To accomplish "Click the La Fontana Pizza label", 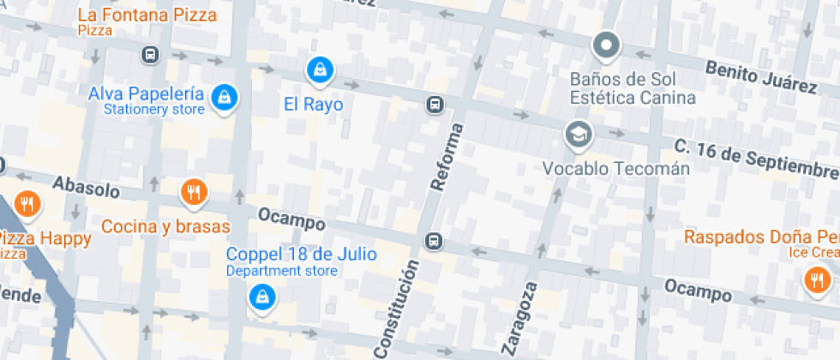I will [x=147, y=15].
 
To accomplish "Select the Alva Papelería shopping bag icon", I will [x=224, y=96].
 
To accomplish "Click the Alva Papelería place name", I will [x=146, y=93].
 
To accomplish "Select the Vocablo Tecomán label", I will [x=615, y=168].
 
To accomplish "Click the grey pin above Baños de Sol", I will [x=606, y=45].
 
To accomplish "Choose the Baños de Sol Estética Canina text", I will [x=633, y=87].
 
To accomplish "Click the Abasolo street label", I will [x=86, y=187].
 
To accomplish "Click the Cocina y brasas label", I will [x=165, y=226].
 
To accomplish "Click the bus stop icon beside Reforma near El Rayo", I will [x=435, y=105].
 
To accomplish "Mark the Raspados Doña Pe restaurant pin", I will [x=815, y=279].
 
